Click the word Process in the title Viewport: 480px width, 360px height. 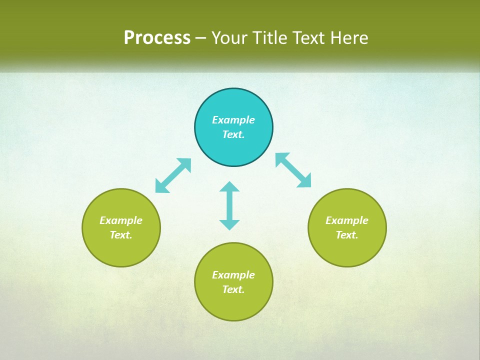(157, 38)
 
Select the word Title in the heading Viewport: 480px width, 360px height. (270, 38)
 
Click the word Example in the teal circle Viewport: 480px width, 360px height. (233, 120)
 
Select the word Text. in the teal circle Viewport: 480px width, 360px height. (233, 134)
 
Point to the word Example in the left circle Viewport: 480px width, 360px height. (121, 220)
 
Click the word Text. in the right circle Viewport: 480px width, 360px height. (347, 235)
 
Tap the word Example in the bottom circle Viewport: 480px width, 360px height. (233, 275)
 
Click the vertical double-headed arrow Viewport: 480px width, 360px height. (229, 205)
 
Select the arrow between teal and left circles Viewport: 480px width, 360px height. (173, 175)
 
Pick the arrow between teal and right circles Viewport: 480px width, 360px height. (293, 170)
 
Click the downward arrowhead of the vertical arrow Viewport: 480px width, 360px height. (229, 224)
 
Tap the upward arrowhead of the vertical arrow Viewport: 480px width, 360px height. (229, 187)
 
